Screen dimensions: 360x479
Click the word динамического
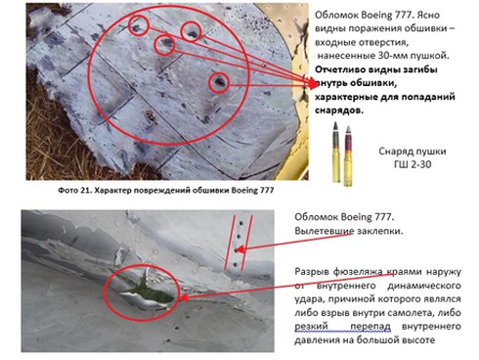(412, 288)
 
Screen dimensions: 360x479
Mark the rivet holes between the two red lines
(238, 240)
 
